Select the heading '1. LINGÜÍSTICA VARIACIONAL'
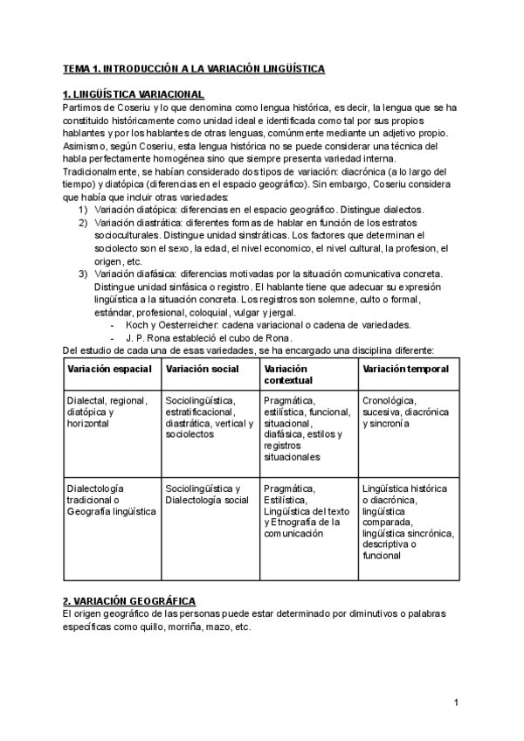pos(134,94)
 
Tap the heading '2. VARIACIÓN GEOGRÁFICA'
pos(129,601)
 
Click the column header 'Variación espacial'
pos(111,370)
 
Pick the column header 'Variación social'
pos(202,370)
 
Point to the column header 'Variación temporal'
pos(405,370)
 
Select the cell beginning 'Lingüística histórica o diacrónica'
pos(406,521)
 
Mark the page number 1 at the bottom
pos(456,703)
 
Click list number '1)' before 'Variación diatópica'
pos(83,210)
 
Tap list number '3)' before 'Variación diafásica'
pos(83,274)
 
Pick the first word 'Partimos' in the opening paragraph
pos(82,107)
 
